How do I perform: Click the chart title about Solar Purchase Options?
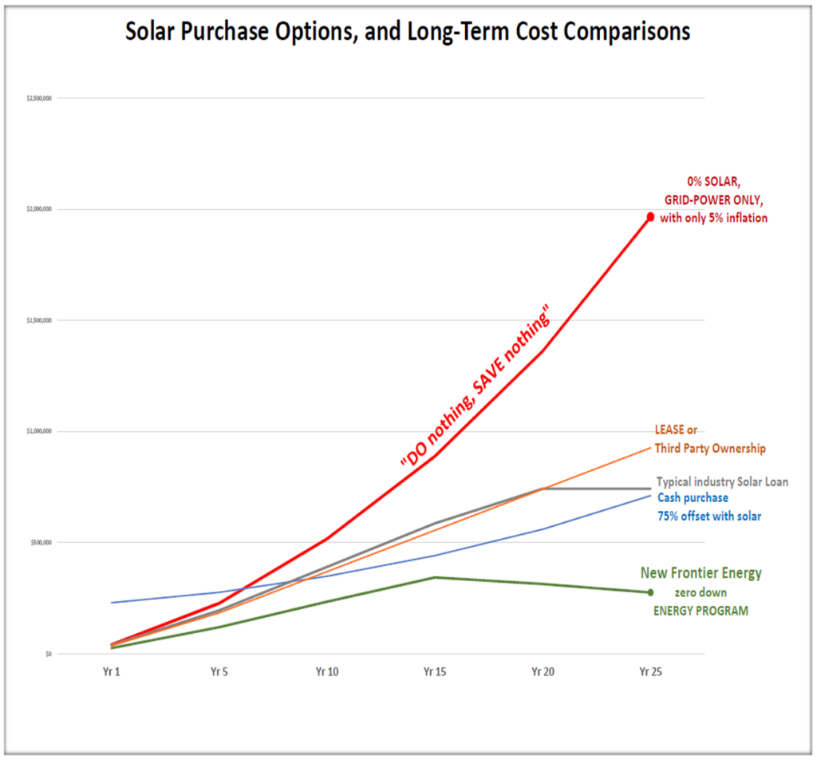pos(408,31)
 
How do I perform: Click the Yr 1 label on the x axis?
pos(111,672)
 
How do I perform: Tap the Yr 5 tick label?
pos(219,672)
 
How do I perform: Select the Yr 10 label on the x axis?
pos(327,672)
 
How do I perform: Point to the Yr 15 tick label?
pos(435,672)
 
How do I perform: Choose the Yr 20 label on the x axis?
pos(543,672)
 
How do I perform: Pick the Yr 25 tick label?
pos(650,672)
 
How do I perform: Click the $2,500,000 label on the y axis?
pos(40,98)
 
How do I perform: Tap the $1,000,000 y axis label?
pos(40,431)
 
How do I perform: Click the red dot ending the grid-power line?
pos(650,216)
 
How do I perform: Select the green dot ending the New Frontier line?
pos(650,592)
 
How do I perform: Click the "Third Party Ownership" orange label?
pos(710,449)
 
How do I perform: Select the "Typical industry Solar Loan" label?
pos(722,482)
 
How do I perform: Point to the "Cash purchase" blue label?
pos(693,498)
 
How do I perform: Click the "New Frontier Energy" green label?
pos(701,573)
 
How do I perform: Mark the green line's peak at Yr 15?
pos(435,577)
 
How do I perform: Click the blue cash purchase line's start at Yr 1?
pos(112,602)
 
